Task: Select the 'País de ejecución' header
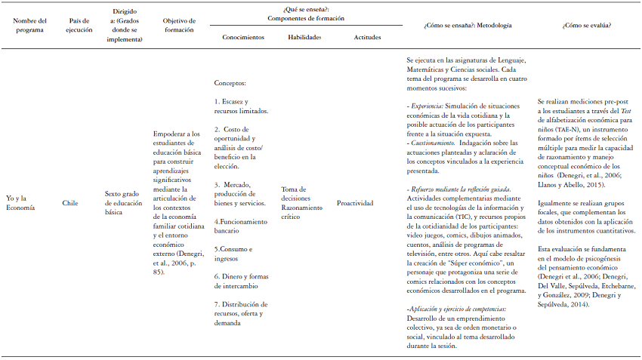click(78, 25)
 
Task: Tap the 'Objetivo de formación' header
click(180, 25)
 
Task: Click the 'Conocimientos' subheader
click(243, 37)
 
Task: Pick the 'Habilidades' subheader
click(304, 37)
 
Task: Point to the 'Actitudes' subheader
click(367, 37)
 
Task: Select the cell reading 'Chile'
click(70, 203)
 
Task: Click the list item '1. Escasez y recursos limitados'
click(242, 105)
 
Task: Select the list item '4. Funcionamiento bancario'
click(241, 226)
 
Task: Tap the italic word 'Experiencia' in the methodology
click(426, 106)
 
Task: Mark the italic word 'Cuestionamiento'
click(432, 142)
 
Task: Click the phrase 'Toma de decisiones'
click(293, 193)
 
